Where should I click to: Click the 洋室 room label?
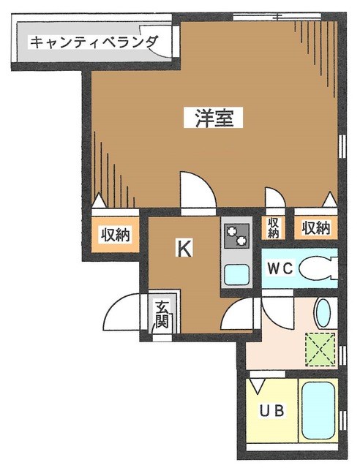[x=214, y=118]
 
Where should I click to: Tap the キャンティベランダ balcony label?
[x=93, y=42]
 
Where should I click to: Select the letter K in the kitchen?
[x=184, y=249]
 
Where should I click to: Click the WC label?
[x=280, y=268]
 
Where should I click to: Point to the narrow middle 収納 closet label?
[x=273, y=227]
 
